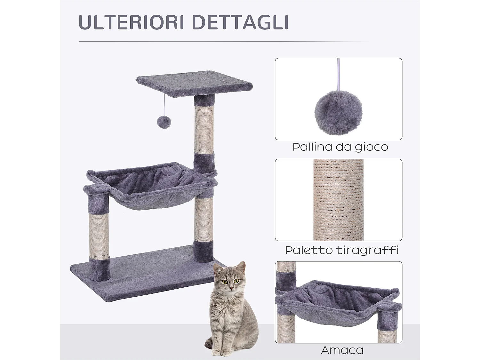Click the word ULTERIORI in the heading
[131, 22]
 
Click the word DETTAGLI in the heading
[240, 22]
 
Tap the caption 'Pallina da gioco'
[340, 147]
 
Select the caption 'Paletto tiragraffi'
[342, 250]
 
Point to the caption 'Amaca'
[342, 350]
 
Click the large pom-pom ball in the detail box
[338, 112]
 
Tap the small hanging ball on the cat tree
[164, 122]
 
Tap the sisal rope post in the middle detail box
[338, 200]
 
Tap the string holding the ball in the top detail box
[338, 74]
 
